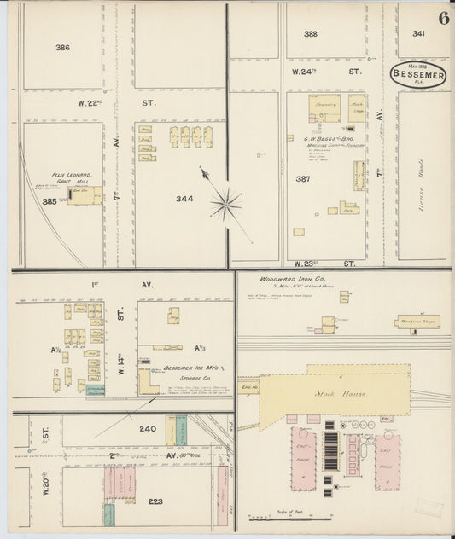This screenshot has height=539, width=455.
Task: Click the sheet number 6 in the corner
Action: click(444, 17)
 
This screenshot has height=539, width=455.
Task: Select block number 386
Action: click(62, 48)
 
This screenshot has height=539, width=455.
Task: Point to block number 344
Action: click(184, 199)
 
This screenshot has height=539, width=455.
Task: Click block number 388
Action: click(310, 34)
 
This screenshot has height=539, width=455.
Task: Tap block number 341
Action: click(417, 34)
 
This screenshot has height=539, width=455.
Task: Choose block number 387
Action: click(301, 179)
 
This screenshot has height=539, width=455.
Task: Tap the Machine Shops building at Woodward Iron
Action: click(417, 322)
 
